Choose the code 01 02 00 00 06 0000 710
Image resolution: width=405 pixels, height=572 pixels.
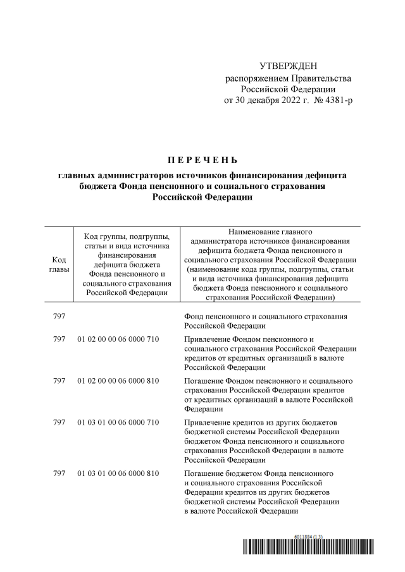tap(118, 339)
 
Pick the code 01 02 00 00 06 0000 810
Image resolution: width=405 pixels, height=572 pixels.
tap(118, 380)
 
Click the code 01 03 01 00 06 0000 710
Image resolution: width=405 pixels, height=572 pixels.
tap(118, 422)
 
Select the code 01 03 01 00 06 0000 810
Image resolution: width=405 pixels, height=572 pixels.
tap(118, 473)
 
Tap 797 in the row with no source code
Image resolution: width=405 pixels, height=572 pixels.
tap(59, 316)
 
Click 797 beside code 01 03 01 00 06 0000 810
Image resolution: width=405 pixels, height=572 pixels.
tap(59, 473)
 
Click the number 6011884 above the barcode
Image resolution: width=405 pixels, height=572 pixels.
tap(303, 537)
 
